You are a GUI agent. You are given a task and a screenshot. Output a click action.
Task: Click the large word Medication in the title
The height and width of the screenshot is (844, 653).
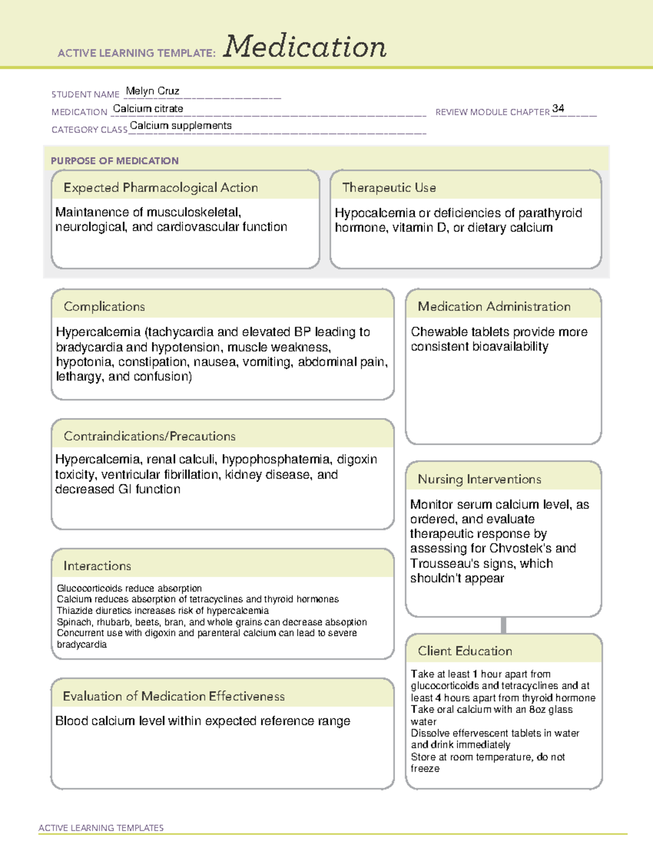pyautogui.click(x=305, y=47)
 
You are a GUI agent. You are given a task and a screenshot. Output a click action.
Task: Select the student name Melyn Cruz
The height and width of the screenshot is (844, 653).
pyautogui.click(x=152, y=91)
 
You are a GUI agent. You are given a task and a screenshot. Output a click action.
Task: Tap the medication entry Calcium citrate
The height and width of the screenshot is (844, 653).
pyautogui.click(x=148, y=109)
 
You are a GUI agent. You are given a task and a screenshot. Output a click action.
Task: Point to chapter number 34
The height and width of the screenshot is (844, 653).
pyautogui.click(x=558, y=108)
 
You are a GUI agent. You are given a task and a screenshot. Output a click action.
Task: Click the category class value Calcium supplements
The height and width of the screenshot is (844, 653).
pyautogui.click(x=181, y=126)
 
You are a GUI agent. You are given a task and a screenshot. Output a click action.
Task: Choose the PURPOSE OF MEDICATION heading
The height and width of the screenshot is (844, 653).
pyautogui.click(x=115, y=161)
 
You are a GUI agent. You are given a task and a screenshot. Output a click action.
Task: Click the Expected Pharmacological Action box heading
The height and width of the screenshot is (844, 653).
pyautogui.click(x=161, y=187)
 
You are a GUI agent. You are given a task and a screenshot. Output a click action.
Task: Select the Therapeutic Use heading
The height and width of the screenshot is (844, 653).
pyautogui.click(x=389, y=187)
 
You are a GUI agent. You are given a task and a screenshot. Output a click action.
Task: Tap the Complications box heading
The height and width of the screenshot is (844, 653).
pyautogui.click(x=104, y=307)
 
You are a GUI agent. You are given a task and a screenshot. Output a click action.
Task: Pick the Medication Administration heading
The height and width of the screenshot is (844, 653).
pyautogui.click(x=494, y=307)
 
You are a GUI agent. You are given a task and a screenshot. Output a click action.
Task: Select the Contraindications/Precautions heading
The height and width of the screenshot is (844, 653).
pyautogui.click(x=150, y=436)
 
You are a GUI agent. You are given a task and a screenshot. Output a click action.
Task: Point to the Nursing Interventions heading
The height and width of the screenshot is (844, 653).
pyautogui.click(x=479, y=479)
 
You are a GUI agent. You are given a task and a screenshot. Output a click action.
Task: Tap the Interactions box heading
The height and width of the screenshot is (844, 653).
pyautogui.click(x=97, y=566)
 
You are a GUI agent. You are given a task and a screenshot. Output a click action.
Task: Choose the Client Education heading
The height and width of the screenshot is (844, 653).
pyautogui.click(x=465, y=651)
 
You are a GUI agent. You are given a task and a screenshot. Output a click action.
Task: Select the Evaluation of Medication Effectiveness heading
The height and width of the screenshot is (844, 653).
pyautogui.click(x=174, y=696)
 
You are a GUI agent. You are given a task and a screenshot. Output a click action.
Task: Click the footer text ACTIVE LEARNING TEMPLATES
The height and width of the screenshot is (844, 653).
pyautogui.click(x=101, y=828)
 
